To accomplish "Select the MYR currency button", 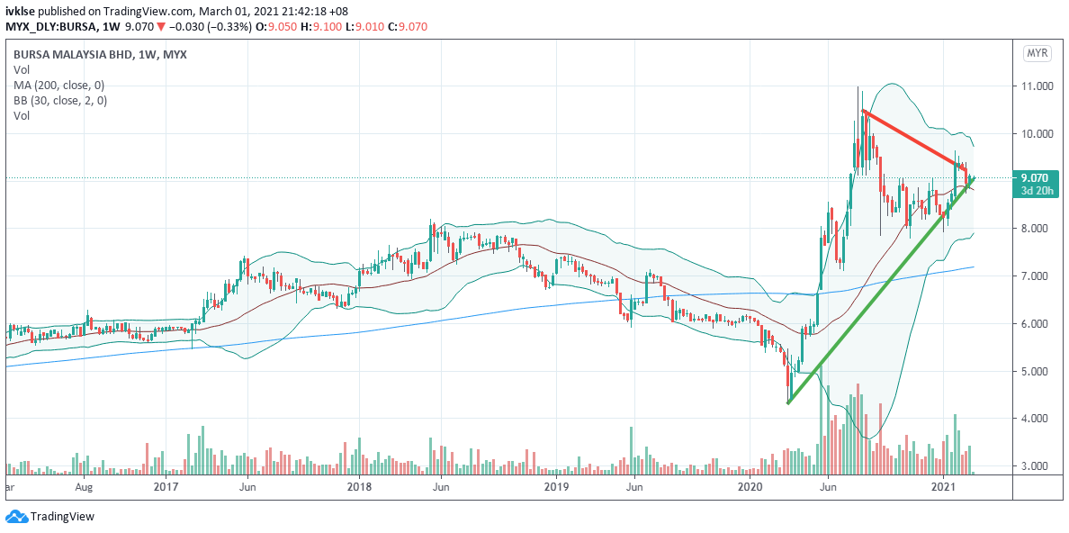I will pos(1038,54).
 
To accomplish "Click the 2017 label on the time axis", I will pos(166,487).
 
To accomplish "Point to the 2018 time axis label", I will pos(359,487).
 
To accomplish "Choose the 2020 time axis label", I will pos(750,487).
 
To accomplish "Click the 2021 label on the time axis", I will pos(942,487).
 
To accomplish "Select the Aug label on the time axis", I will pos(84,487).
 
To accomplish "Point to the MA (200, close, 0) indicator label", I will pos(59,85).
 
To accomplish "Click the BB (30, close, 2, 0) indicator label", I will pos(60,101).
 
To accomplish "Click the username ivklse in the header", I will pos(20,11).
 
